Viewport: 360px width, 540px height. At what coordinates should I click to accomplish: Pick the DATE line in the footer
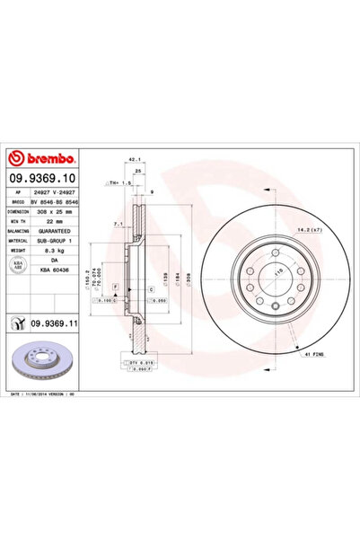(54, 394)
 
